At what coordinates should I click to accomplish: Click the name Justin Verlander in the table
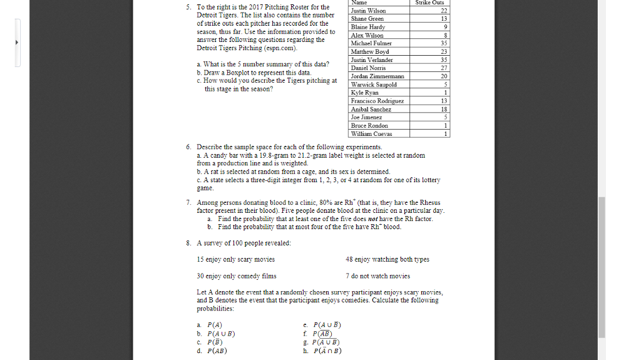372,59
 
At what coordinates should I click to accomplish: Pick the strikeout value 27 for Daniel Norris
444,68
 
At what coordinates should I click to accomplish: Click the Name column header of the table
359,3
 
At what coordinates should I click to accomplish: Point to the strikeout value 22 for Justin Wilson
444,11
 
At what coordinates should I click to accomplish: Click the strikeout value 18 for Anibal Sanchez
444,109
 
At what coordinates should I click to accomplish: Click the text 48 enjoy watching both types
387,259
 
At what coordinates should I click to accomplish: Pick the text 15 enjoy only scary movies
235,259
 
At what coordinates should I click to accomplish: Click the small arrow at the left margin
18,43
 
